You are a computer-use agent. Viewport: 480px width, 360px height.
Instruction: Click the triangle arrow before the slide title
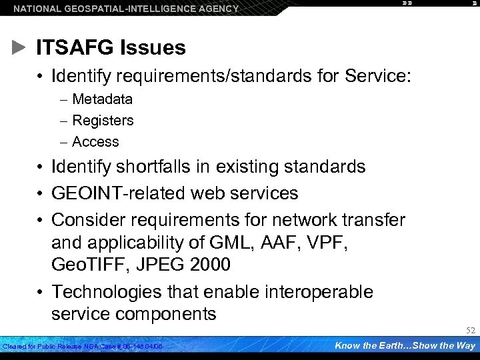(20, 47)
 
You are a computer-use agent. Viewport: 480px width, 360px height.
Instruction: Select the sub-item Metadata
(102, 99)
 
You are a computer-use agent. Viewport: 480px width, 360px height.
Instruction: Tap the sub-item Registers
(103, 121)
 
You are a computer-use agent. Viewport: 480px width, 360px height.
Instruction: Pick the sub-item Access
(95, 142)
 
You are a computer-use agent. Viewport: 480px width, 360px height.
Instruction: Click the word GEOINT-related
(119, 193)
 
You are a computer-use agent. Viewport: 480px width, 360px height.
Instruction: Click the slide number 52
(469, 331)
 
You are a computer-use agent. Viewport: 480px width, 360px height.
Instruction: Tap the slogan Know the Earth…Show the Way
(404, 345)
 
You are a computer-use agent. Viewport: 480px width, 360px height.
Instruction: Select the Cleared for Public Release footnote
(83, 347)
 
